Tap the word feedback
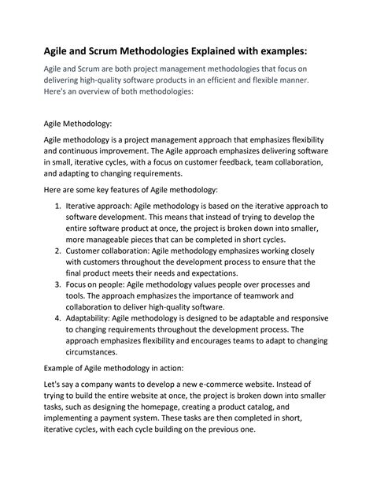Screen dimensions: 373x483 pyautogui.click(x=227, y=162)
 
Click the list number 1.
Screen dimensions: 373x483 pyautogui.click(x=59, y=206)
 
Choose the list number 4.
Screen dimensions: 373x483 pyautogui.click(x=59, y=318)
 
